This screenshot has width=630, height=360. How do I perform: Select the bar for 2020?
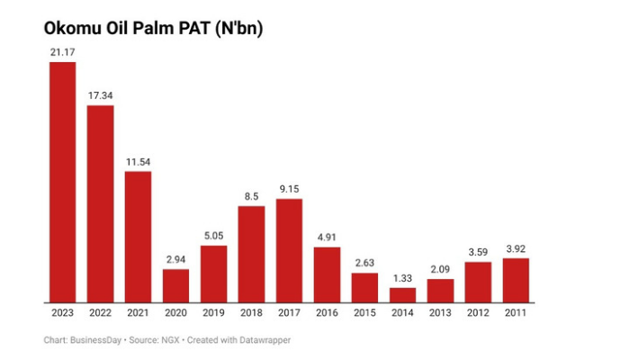click(x=175, y=285)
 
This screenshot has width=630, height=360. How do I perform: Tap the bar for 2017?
click(x=289, y=250)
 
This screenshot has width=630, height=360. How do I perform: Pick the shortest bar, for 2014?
click(x=402, y=294)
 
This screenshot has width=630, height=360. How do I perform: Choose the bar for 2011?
click(x=516, y=280)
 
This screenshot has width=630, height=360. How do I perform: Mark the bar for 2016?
click(x=327, y=274)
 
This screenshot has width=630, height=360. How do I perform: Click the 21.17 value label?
click(x=62, y=53)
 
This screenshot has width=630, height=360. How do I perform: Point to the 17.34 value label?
click(x=100, y=95)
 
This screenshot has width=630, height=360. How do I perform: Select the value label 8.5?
click(x=251, y=196)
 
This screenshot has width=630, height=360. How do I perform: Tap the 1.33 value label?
click(x=402, y=277)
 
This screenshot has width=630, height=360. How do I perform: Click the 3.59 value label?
click(x=478, y=253)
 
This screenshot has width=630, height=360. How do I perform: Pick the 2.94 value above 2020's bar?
click(x=175, y=259)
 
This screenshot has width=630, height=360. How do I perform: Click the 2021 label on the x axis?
click(x=138, y=312)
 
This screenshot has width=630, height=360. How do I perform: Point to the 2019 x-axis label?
click(x=213, y=312)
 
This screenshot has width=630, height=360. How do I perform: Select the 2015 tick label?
click(x=364, y=312)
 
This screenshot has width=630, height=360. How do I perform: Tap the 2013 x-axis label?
click(x=440, y=312)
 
